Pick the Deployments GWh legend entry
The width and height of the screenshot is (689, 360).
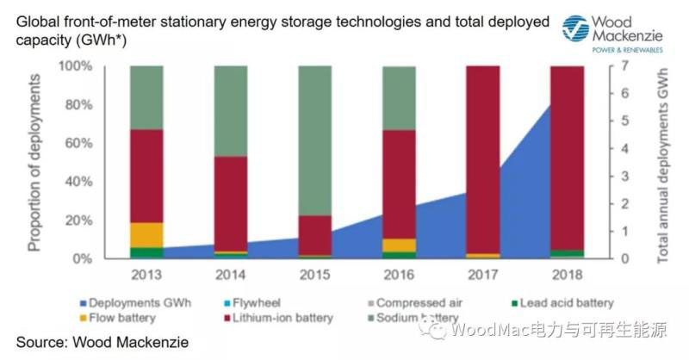[133, 302]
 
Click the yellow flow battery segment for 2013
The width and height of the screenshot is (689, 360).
[146, 234]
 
